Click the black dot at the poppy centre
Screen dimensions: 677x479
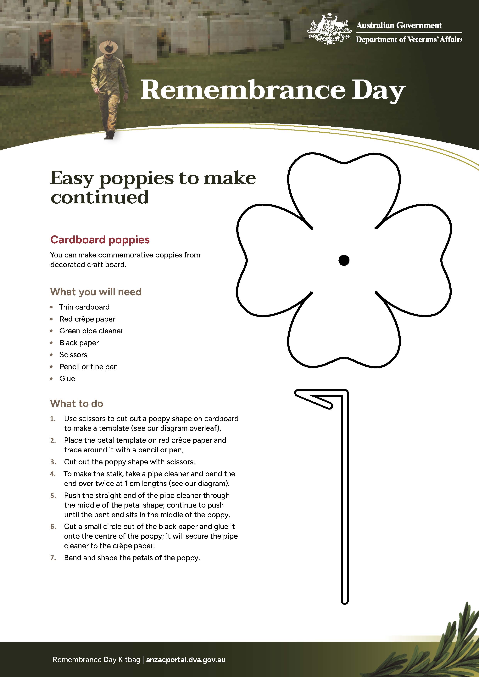click(x=344, y=260)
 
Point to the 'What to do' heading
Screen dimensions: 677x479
click(x=77, y=403)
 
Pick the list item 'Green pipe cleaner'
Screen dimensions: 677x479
click(x=91, y=331)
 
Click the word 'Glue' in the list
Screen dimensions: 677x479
click(x=67, y=379)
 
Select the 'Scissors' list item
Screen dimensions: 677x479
click(x=73, y=355)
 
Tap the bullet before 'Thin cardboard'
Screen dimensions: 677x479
click(x=52, y=307)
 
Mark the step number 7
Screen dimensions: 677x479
click(x=53, y=558)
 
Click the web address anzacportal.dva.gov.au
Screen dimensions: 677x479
click(x=186, y=660)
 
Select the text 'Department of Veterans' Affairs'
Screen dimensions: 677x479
click(x=409, y=40)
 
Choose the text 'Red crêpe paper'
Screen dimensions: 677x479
click(x=87, y=319)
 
